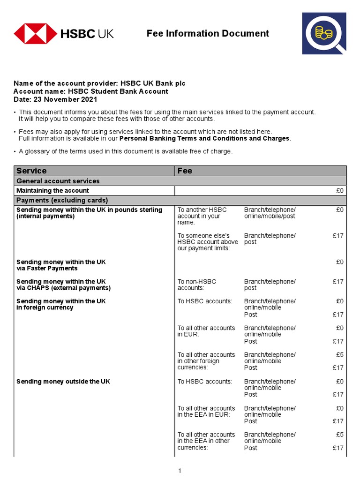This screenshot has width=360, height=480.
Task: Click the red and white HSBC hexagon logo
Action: (x=34, y=34)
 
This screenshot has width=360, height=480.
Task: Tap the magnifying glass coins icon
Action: (x=324, y=34)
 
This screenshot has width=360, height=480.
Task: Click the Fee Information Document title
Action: (x=208, y=33)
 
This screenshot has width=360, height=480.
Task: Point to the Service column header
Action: (x=31, y=171)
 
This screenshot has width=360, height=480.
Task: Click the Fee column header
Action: (x=185, y=171)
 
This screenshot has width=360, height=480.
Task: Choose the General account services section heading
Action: (x=58, y=181)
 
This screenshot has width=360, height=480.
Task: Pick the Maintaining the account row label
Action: (x=52, y=191)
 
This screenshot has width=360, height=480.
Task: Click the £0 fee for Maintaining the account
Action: (x=340, y=191)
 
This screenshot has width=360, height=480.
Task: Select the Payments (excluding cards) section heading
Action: (x=62, y=200)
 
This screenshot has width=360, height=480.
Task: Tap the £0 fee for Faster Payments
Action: (x=340, y=262)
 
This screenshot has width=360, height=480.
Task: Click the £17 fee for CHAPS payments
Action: (x=338, y=282)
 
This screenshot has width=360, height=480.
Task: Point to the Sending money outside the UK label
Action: (x=63, y=382)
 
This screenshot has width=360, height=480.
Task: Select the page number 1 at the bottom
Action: (x=180, y=471)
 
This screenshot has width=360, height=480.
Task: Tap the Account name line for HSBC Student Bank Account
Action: (x=90, y=91)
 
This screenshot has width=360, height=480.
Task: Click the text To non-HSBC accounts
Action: (x=197, y=285)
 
